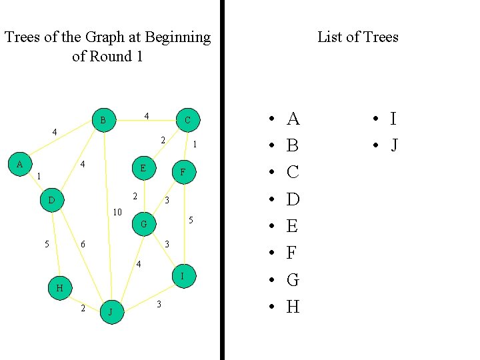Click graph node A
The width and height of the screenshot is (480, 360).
(20, 164)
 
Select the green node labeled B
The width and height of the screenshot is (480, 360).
(103, 121)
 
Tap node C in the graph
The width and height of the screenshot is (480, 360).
(187, 121)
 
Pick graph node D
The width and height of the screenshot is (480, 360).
(52, 199)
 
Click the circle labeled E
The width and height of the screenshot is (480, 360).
(143, 168)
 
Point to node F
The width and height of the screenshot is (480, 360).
(183, 172)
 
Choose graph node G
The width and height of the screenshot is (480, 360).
(143, 224)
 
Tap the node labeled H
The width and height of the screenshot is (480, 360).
(59, 288)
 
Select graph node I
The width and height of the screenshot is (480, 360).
(183, 276)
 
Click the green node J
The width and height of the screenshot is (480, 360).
(112, 311)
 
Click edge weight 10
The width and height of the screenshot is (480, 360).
(117, 213)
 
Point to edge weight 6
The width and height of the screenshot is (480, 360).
(83, 245)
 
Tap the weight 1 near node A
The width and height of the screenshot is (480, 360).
(39, 177)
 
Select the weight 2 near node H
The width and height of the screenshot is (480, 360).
(83, 309)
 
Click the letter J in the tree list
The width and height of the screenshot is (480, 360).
(394, 145)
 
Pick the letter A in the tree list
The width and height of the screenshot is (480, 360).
(293, 119)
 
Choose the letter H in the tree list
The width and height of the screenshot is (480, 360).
(293, 307)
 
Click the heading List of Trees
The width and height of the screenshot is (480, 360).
(357, 37)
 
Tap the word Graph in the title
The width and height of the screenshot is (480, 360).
(111, 37)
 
